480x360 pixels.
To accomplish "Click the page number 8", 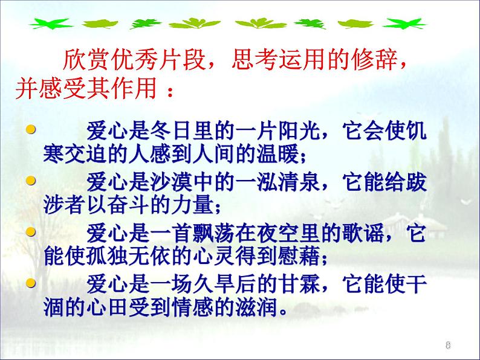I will click(448, 346).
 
